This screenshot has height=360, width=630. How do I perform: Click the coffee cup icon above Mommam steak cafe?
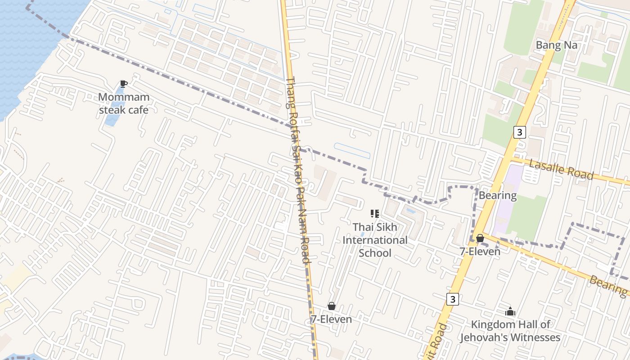[124, 84]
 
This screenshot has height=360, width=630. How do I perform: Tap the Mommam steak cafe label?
[123, 103]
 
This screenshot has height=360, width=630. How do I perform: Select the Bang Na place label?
[556, 45]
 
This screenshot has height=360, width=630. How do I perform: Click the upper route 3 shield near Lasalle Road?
[519, 132]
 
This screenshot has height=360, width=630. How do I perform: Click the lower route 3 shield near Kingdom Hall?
[453, 299]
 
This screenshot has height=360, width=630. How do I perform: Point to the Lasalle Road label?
[561, 169]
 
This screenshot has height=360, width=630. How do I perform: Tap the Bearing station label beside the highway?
[497, 195]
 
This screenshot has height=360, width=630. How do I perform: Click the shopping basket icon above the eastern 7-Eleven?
[480, 238]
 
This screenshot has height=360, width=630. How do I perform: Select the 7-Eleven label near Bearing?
[480, 252]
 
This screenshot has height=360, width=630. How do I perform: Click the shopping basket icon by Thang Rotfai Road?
[332, 306]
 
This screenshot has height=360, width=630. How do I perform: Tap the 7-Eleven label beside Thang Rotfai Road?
[331, 319]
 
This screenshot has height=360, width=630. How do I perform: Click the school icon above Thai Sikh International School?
[375, 214]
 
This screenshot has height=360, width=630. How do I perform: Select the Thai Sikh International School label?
[375, 240]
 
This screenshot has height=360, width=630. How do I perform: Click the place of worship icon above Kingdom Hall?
[510, 311]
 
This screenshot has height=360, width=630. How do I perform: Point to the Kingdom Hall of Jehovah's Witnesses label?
[510, 331]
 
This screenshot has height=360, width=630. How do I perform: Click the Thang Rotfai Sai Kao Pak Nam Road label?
[298, 171]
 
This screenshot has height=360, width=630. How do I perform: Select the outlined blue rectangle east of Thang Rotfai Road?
[352, 151]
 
